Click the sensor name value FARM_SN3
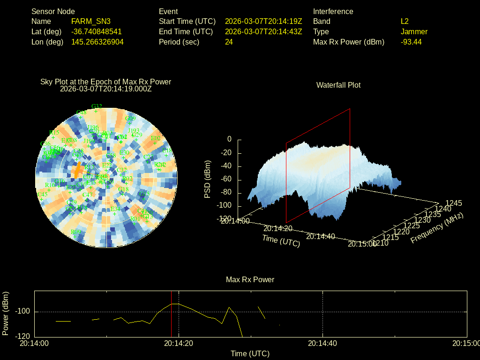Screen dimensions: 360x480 pyautogui.click(x=91, y=22)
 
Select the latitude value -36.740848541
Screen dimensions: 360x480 pyautogui.click(x=97, y=32)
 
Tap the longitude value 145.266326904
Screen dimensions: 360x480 pyautogui.click(x=97, y=42)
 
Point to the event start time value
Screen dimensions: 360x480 pyautogui.click(x=263, y=22)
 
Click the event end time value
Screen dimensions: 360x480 pyautogui.click(x=263, y=32)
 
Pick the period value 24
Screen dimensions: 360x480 pyautogui.click(x=229, y=42)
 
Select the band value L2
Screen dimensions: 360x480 pyautogui.click(x=405, y=22)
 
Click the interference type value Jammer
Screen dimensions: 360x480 pyautogui.click(x=414, y=32)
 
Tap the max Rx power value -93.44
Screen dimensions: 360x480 pyautogui.click(x=411, y=42)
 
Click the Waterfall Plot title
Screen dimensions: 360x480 pyautogui.click(x=338, y=85)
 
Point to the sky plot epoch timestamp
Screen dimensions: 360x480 pyautogui.click(x=106, y=89)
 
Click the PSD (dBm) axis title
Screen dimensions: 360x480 pyautogui.click(x=208, y=179)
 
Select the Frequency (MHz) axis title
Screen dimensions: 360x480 pyautogui.click(x=437, y=228)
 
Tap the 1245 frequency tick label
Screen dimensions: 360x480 pyautogui.click(x=454, y=203)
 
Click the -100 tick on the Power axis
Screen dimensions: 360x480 pyautogui.click(x=23, y=312)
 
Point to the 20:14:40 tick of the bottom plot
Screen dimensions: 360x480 pyautogui.click(x=323, y=344)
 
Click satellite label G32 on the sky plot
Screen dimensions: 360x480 pyautogui.click(x=97, y=106)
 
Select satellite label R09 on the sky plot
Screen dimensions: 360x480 pyautogui.click(x=75, y=232)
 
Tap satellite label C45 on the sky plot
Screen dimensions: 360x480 pyautogui.click(x=42, y=195)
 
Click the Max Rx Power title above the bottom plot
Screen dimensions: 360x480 pyautogui.click(x=250, y=280)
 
